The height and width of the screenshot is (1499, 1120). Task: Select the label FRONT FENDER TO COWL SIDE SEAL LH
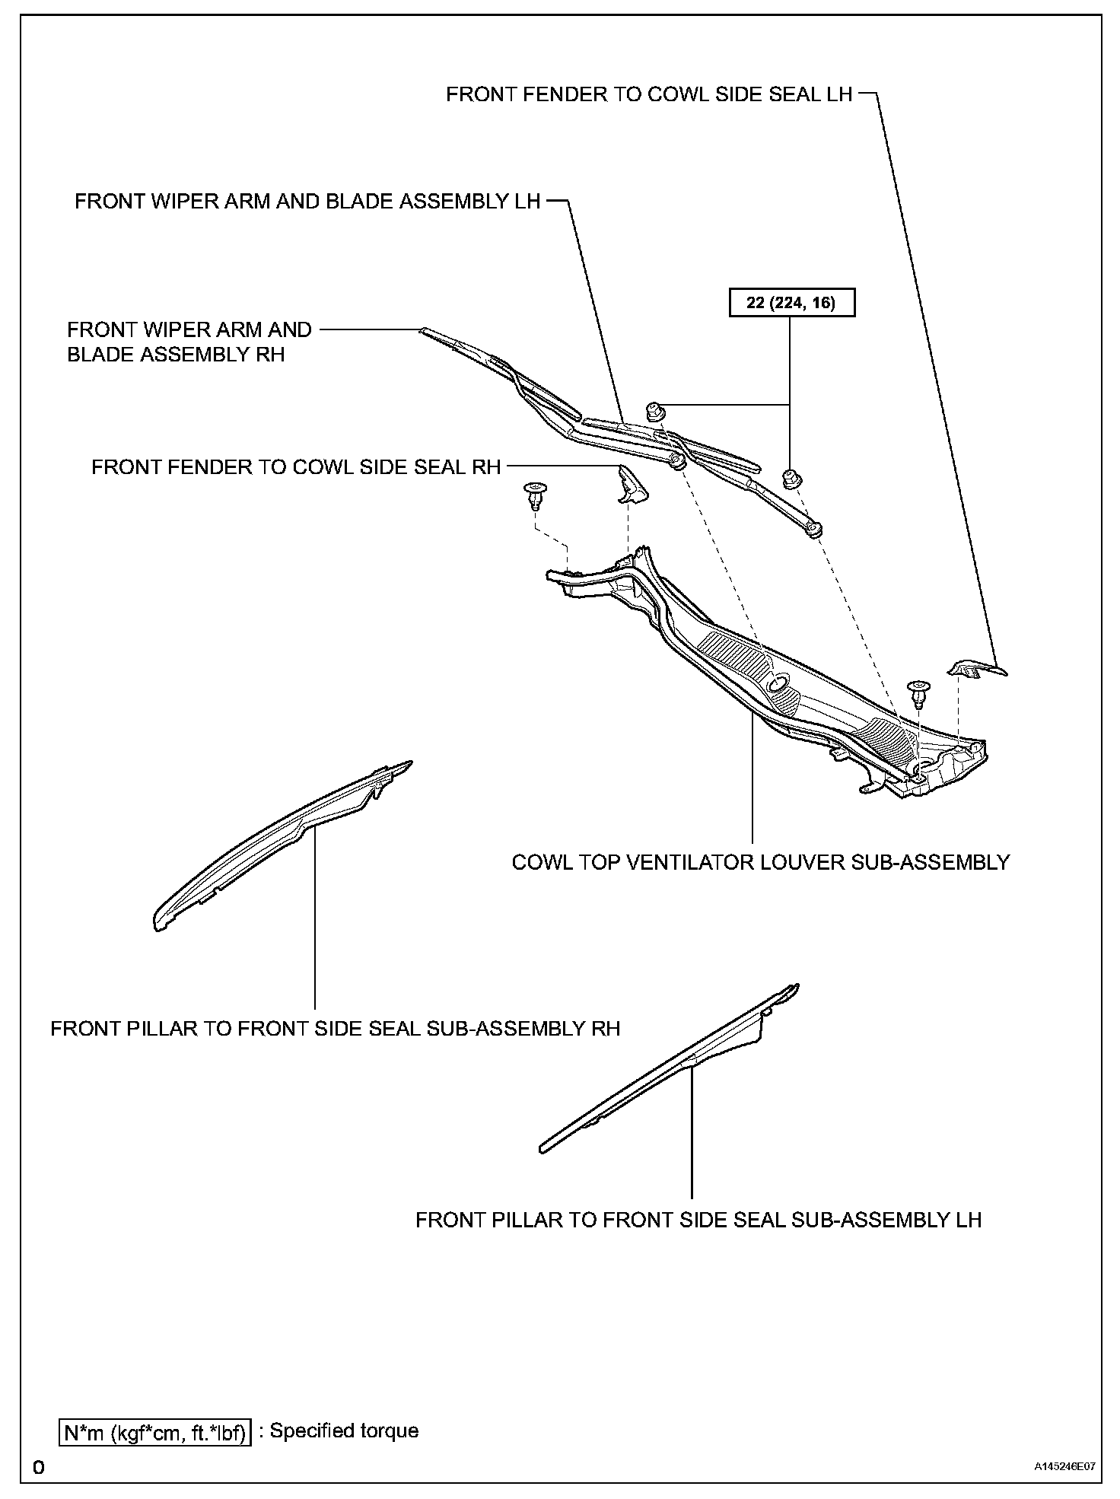pyautogui.click(x=648, y=94)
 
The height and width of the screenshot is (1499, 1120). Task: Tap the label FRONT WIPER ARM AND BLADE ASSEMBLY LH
pyautogui.click(x=307, y=202)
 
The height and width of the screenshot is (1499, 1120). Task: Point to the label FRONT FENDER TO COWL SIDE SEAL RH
pyautogui.click(x=296, y=467)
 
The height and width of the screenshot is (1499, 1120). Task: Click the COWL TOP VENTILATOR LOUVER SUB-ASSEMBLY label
pyautogui.click(x=760, y=862)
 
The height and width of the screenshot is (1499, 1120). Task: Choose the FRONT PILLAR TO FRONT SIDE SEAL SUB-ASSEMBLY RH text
pyautogui.click(x=336, y=1029)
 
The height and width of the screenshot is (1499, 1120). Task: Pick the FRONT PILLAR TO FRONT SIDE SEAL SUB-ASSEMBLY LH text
pyautogui.click(x=698, y=1220)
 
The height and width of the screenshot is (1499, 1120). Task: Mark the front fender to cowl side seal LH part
pyautogui.click(x=976, y=669)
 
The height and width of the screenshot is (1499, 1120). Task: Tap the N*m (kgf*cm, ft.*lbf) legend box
pyautogui.click(x=155, y=1431)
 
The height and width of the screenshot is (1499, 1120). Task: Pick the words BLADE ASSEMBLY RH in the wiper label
pyautogui.click(x=176, y=355)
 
